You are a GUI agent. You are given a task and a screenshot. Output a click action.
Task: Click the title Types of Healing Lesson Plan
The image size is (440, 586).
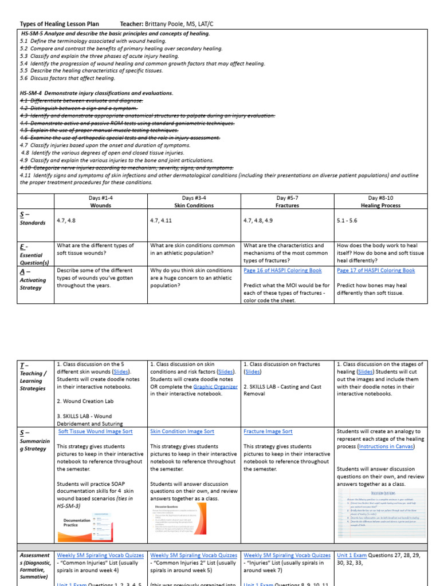[x=60, y=23]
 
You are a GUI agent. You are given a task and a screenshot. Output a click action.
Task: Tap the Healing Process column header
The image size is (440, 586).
[x=381, y=204]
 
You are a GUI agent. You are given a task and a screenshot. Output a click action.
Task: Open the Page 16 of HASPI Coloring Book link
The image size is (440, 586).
[x=282, y=271]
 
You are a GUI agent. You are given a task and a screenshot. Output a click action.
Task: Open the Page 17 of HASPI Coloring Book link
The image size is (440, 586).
[x=376, y=271]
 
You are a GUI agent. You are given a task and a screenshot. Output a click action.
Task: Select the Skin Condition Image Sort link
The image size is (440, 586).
[x=182, y=431]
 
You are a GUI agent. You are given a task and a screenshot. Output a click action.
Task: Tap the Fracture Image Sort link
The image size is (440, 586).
[x=268, y=431]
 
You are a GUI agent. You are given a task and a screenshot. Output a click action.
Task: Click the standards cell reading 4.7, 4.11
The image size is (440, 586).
[x=163, y=220]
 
